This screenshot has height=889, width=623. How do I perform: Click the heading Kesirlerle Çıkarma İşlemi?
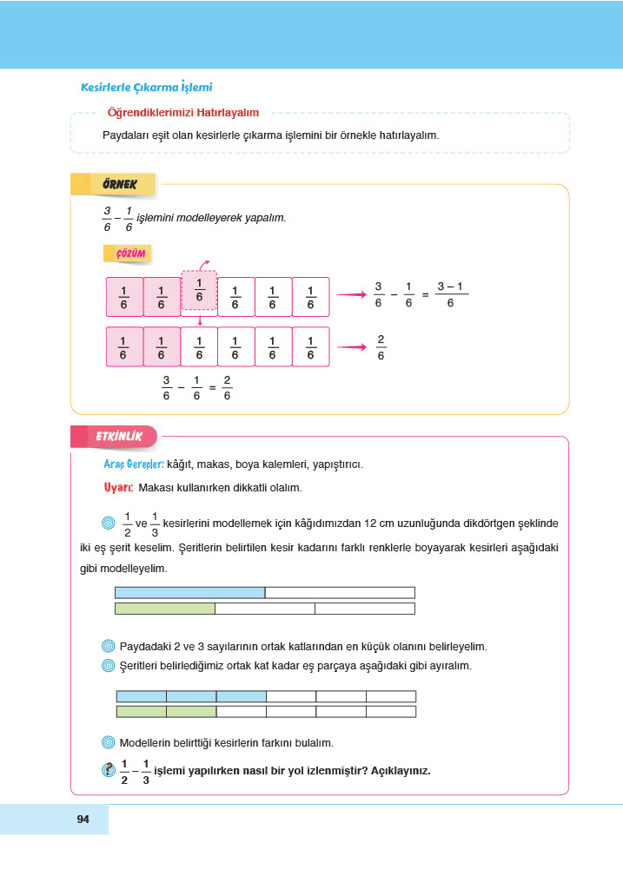146,88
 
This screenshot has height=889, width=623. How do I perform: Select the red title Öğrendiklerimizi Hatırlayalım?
182,112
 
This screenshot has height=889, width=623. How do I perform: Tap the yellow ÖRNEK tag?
120,184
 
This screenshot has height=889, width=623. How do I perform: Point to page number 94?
83,820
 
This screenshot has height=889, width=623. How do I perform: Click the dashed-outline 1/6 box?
199,291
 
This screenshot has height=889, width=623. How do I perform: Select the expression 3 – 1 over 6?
450,294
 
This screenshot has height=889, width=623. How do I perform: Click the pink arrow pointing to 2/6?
350,347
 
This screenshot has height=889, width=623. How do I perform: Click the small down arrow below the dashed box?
199,319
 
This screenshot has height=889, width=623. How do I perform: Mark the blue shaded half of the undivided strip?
189,592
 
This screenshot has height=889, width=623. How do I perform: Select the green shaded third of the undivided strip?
165,609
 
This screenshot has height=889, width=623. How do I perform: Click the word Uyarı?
117,488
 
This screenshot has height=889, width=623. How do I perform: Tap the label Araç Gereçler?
134,464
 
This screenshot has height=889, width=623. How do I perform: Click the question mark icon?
109,769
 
